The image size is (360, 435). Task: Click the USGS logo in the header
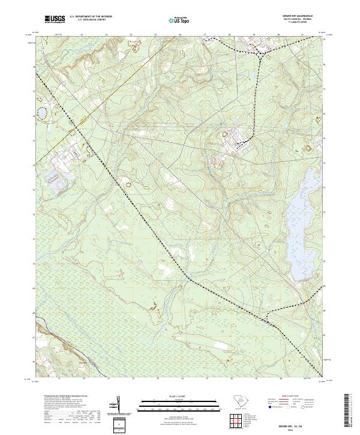click(55, 19)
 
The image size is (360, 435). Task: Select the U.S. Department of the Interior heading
click(91, 17)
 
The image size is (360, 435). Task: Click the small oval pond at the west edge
click(42, 112)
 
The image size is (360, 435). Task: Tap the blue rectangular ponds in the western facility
click(55, 178)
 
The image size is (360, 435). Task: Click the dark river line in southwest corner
click(54, 337)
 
